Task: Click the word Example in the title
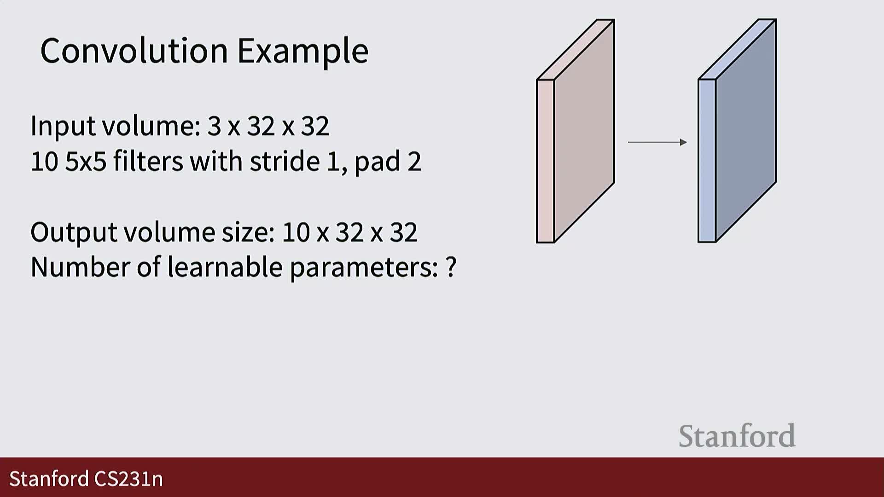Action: [x=302, y=52]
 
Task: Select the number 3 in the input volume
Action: [x=214, y=126]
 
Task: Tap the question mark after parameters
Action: [x=451, y=266]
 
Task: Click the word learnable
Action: [x=224, y=267]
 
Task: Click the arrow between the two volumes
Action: [x=657, y=142]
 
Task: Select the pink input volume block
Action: [x=576, y=131]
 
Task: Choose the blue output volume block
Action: [x=737, y=131]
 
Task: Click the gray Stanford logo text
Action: [x=737, y=436]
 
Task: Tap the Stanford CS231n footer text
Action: [x=86, y=479]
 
